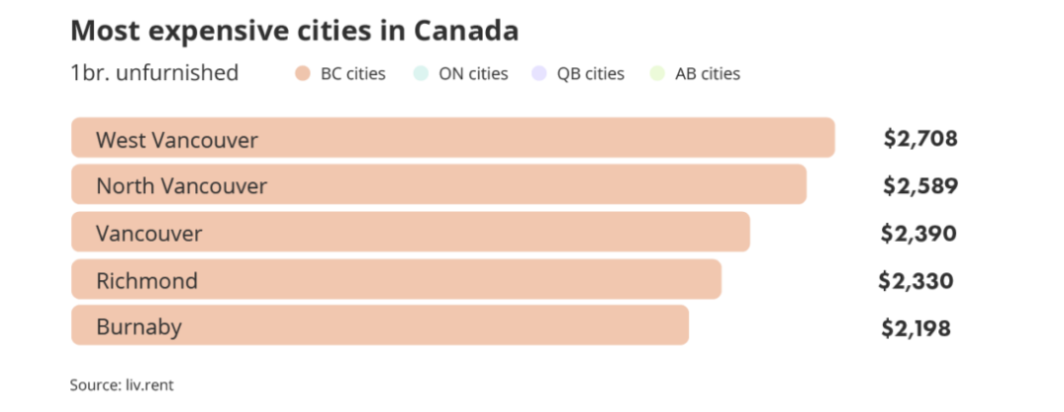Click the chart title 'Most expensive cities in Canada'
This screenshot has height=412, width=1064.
click(x=294, y=31)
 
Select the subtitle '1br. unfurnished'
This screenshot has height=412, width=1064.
click(x=154, y=73)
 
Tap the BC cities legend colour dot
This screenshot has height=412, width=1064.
click(x=302, y=73)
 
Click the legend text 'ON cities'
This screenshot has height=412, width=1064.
click(x=473, y=73)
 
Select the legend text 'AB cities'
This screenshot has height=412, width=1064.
click(x=707, y=73)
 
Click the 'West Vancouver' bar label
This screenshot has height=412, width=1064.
click(x=176, y=140)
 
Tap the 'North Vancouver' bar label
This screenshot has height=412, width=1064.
click(x=181, y=186)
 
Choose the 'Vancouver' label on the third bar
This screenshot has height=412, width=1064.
click(x=148, y=234)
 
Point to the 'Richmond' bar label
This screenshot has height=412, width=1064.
click(x=146, y=280)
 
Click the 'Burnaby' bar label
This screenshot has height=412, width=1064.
click(x=139, y=326)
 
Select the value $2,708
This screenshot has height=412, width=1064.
click(x=920, y=139)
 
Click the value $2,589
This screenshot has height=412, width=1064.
click(x=920, y=186)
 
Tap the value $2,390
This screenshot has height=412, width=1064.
click(x=919, y=234)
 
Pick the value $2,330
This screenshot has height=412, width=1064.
click(x=917, y=280)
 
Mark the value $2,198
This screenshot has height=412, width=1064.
click(x=917, y=327)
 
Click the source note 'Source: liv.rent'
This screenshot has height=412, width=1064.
click(x=115, y=383)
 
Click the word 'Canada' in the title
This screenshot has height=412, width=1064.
click(x=467, y=31)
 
